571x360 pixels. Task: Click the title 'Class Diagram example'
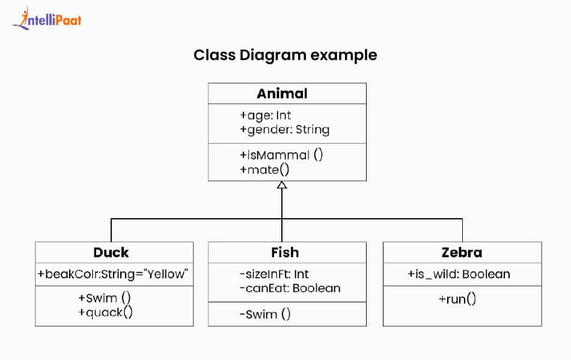pos(285,55)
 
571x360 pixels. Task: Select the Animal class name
pos(282,93)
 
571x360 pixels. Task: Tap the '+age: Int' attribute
pos(265,115)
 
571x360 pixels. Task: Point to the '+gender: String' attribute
pos(284,129)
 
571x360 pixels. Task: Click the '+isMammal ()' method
pos(281,154)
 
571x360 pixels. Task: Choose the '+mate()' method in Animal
pos(264,169)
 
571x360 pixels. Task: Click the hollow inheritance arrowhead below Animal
pos(282,186)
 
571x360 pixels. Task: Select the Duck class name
pos(111,252)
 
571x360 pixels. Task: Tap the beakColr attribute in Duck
pos(114,275)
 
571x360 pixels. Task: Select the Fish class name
pos(285,252)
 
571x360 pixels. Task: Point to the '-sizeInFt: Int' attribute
pos(274,275)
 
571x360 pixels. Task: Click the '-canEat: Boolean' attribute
pos(290,288)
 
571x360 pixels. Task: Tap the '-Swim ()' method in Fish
pos(265,314)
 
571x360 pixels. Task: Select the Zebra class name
pos(462,252)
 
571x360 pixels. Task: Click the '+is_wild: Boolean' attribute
pos(459,275)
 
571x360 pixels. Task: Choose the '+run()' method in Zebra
pos(458,299)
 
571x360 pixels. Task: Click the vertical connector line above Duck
pos(111,230)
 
